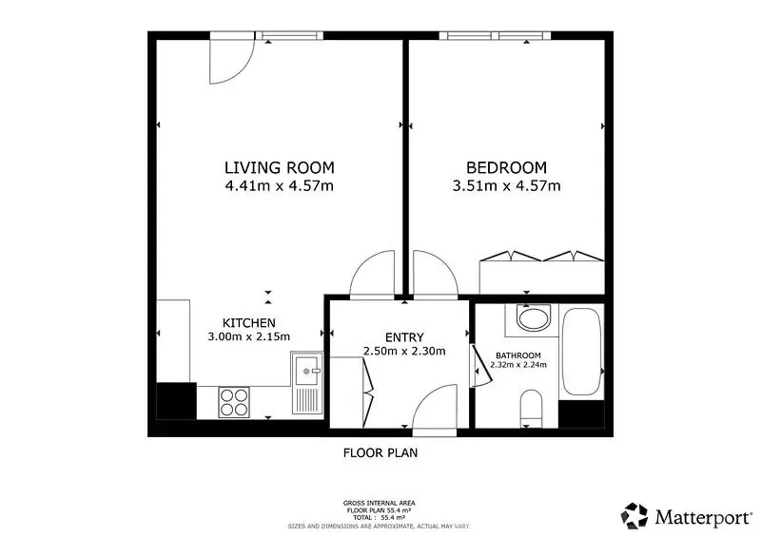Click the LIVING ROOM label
279,168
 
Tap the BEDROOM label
506,168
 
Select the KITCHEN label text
249,323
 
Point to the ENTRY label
404,337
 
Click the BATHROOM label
518,355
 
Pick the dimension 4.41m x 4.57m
279,185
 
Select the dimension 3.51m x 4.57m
506,185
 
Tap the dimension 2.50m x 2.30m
404,352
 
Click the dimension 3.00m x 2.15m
249,336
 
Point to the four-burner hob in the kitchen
234,402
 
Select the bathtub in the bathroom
582,353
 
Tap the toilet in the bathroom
531,409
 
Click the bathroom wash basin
534,318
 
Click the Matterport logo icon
634,516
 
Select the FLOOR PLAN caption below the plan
380,453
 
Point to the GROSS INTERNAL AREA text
379,504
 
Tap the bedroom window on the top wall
495,35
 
